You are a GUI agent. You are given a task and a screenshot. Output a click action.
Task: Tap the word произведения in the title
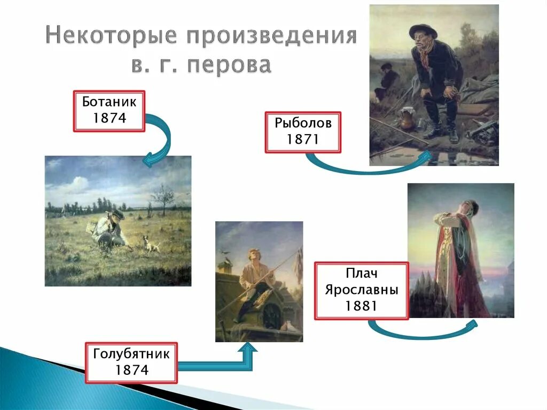[270, 36]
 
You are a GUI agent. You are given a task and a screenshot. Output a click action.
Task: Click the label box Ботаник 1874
[109, 111]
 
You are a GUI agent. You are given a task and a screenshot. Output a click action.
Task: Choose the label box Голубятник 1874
[131, 362]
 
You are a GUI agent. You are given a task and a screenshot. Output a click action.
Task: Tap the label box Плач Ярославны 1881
[361, 290]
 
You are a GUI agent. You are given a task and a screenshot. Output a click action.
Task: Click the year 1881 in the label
[361, 306]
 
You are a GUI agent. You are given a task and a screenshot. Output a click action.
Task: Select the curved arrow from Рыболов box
[369, 166]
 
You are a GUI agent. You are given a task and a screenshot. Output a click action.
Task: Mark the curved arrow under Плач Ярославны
[422, 331]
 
